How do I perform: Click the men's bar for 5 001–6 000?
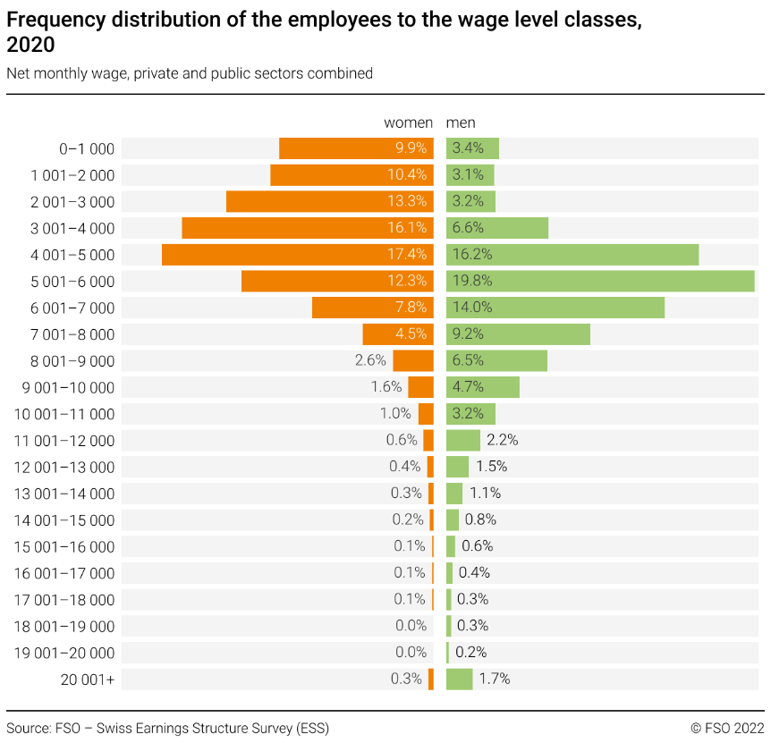[x=600, y=281]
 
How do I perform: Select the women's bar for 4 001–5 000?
[x=297, y=255]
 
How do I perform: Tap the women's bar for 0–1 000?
[x=356, y=148]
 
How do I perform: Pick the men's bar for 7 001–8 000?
[x=518, y=334]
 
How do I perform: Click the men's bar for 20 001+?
[x=459, y=680]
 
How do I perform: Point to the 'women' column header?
[x=408, y=122]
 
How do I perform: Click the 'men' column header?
[x=461, y=122]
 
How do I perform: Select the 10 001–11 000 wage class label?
[x=64, y=414]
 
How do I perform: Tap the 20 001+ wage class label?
[x=88, y=680]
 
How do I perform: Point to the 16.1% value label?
[x=407, y=228]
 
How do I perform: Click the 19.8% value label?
[x=472, y=281]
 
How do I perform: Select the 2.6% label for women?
[x=370, y=361]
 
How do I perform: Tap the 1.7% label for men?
[x=495, y=680]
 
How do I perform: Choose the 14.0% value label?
[x=472, y=308]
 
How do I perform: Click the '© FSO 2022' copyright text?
[x=727, y=728]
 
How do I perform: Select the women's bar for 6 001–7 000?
[x=372, y=308]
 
